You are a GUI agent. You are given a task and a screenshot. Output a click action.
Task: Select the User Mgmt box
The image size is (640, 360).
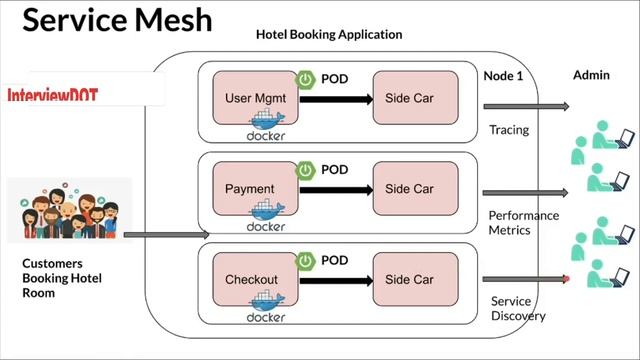[x=251, y=98]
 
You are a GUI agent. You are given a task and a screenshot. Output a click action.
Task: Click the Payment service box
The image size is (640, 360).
[x=251, y=188]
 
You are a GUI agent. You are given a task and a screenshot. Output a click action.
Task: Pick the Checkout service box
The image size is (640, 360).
[x=251, y=279]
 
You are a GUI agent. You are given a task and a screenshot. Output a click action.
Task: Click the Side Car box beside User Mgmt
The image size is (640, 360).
[x=409, y=98]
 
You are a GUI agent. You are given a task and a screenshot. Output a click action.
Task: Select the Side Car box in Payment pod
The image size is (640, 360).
[x=409, y=188]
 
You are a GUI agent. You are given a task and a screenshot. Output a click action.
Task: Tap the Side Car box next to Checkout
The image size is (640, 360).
[x=409, y=279]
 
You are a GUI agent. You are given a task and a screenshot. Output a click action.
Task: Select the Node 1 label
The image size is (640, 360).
[x=504, y=76]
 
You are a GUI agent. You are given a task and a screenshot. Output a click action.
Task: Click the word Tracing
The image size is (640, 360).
[x=509, y=130]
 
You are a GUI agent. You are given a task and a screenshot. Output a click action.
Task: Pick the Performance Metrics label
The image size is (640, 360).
[x=523, y=222]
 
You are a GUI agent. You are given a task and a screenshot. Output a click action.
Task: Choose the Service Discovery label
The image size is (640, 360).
[x=518, y=309]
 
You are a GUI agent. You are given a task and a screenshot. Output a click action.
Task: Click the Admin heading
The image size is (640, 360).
[x=591, y=76]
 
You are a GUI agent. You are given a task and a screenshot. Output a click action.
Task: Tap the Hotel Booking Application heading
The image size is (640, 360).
[x=329, y=35]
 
